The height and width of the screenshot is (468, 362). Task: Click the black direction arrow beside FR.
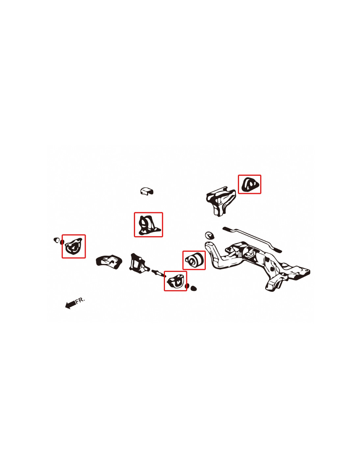tap(70, 304)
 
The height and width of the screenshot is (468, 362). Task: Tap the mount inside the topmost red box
tap(249, 184)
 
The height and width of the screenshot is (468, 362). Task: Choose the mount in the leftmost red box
tap(73, 247)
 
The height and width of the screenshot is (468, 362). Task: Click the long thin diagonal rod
tap(252, 239)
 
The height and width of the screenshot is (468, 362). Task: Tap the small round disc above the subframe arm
tap(209, 235)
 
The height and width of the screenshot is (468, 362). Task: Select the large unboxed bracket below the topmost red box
tap(221, 201)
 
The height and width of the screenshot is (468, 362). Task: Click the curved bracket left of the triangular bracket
tap(109, 261)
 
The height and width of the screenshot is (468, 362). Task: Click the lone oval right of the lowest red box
tap(194, 288)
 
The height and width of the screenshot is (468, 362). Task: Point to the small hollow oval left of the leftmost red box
tap(56, 240)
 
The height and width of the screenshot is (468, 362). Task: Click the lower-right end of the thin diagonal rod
tap(279, 251)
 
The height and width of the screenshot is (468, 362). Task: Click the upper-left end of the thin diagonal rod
tap(225, 228)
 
